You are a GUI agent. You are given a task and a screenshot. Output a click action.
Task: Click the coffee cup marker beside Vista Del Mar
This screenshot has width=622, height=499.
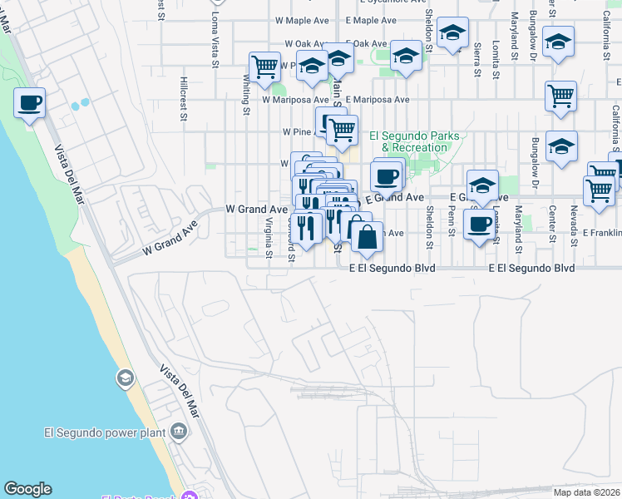click(29, 104)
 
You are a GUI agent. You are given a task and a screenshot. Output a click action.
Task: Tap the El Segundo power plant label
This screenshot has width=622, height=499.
click(104, 432)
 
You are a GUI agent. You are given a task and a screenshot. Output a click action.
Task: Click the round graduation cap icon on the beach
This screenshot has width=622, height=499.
click(125, 379)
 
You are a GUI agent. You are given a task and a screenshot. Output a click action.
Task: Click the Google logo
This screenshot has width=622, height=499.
click(27, 489)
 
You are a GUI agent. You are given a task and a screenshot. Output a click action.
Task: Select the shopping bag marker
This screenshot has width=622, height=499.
click(367, 237)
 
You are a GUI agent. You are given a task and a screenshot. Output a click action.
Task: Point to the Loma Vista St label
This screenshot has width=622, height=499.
click(215, 37)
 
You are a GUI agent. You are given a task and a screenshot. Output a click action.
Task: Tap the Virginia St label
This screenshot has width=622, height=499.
click(269, 238)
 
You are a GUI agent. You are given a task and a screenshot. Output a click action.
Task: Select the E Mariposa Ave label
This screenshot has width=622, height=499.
click(378, 99)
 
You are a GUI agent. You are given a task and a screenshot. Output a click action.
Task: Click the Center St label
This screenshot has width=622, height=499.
click(551, 223)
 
